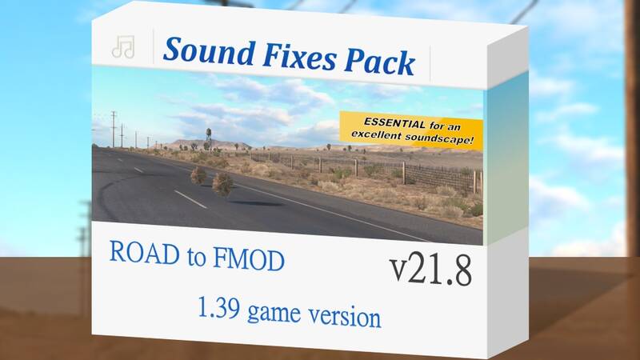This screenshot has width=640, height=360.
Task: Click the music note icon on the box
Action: [x=123, y=47]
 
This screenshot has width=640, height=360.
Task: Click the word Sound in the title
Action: [x=210, y=52]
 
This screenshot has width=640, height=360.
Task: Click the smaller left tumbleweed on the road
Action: [x=198, y=175]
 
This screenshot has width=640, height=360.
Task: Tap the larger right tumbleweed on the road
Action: [x=222, y=184]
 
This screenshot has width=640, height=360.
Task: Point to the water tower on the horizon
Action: [x=209, y=137]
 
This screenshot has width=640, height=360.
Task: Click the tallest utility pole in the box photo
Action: [x=114, y=129]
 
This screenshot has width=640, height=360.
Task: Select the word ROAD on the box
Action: [x=144, y=253]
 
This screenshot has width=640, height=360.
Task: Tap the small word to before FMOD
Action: [x=196, y=257]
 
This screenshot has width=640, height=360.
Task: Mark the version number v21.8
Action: [x=430, y=270]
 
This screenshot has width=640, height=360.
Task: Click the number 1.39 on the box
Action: [x=218, y=307]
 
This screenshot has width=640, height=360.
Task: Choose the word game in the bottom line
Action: [x=274, y=314]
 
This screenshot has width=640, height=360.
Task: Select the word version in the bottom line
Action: [x=345, y=316]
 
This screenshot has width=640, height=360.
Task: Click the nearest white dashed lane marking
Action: [x=190, y=199]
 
